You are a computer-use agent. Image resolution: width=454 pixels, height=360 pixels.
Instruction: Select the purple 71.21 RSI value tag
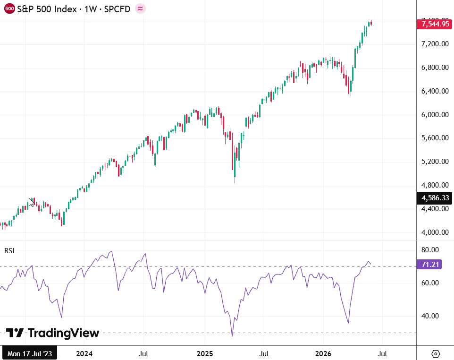pyautogui.click(x=429, y=265)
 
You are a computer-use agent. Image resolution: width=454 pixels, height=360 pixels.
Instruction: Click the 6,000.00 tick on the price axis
pyautogui.click(x=435, y=114)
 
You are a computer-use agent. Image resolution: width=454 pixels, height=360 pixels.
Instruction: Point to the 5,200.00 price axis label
pyautogui.click(x=435, y=162)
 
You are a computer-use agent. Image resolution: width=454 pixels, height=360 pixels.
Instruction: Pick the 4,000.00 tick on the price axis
pyautogui.click(x=435, y=232)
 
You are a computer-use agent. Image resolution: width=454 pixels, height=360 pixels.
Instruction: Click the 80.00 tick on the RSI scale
pyautogui.click(x=430, y=250)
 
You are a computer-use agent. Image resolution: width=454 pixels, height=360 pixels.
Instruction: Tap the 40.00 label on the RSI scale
pyautogui.click(x=430, y=316)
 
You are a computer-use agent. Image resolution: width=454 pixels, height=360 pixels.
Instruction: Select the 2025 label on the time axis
pyautogui.click(x=205, y=354)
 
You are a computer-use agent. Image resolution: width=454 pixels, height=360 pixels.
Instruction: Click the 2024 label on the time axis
pyautogui.click(x=84, y=354)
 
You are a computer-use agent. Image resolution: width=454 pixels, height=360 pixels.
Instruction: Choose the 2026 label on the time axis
pyautogui.click(x=323, y=354)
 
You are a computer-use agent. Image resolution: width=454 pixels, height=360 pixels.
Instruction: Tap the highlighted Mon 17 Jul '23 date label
pyautogui.click(x=30, y=354)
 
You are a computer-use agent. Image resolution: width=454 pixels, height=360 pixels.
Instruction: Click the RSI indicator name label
pyautogui.click(x=9, y=251)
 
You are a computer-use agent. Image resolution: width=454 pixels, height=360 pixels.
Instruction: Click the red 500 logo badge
pyautogui.click(x=9, y=9)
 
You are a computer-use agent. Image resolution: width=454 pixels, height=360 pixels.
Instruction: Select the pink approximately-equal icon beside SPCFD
pyautogui.click(x=141, y=9)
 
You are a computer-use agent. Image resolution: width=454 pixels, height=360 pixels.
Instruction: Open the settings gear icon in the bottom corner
pyautogui.click(x=436, y=354)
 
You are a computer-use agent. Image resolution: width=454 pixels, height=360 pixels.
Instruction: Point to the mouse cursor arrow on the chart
pyautogui.click(x=31, y=202)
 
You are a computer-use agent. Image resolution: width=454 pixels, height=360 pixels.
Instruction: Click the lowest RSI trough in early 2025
pyautogui.click(x=232, y=335)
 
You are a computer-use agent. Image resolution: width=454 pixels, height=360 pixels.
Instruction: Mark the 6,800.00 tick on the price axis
pyautogui.click(x=435, y=68)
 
